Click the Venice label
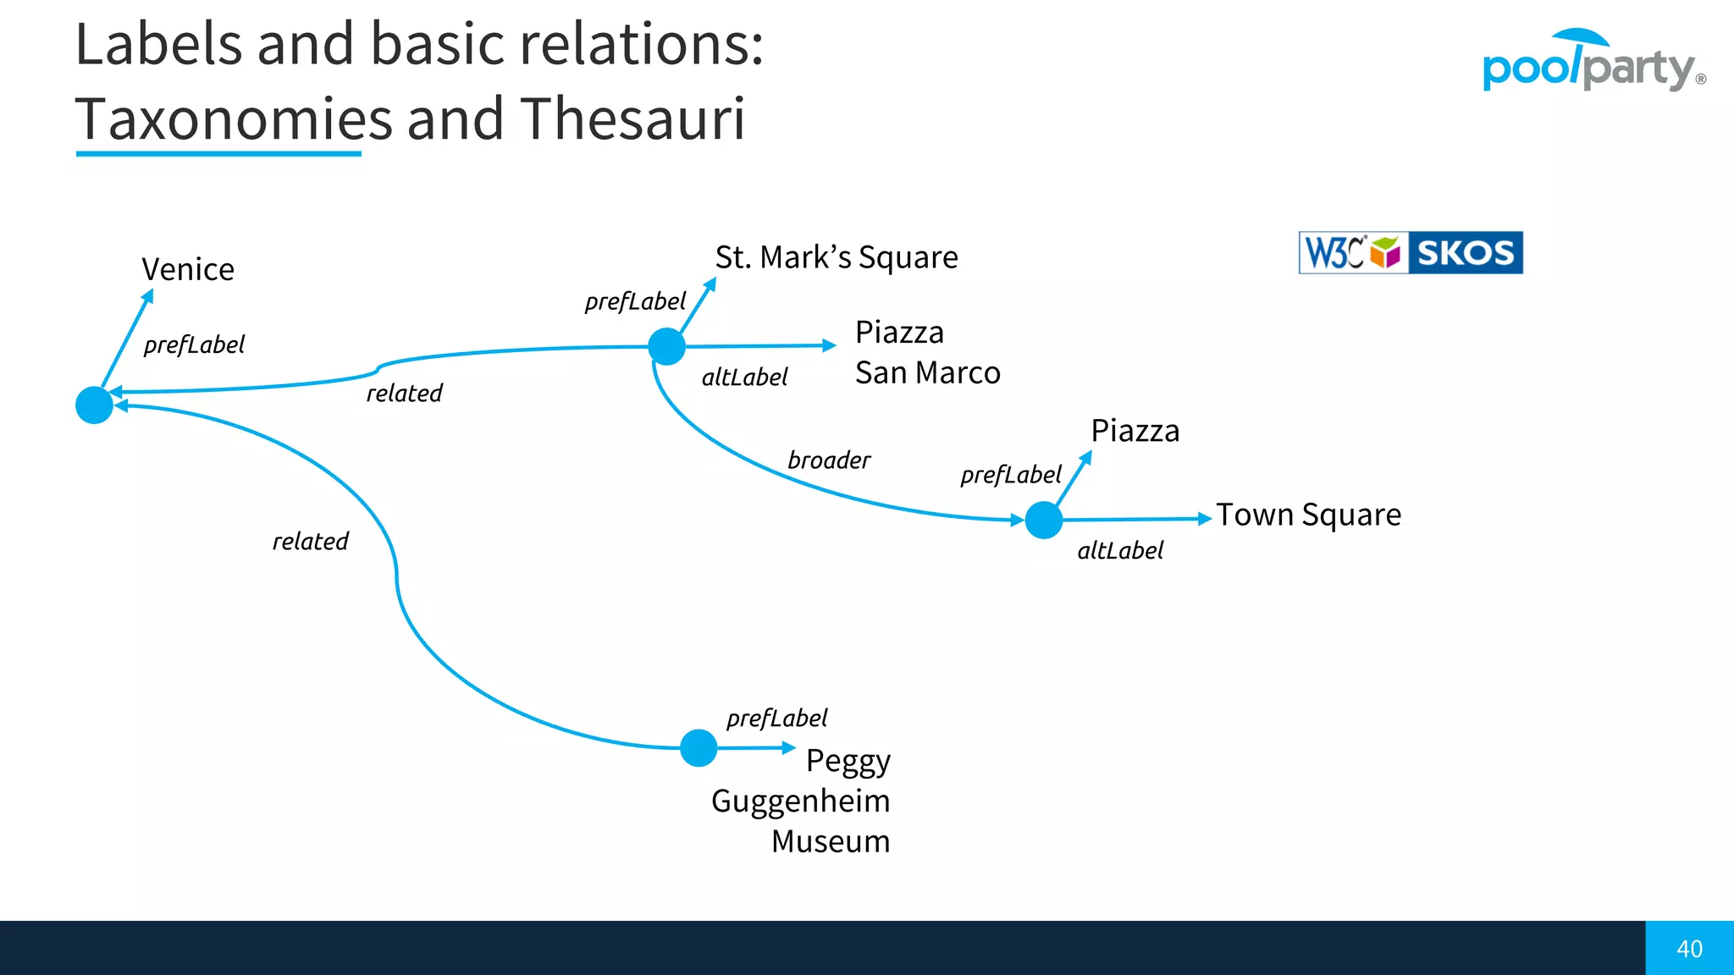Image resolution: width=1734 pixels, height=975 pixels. (188, 270)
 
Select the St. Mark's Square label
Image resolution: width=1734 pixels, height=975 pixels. (837, 257)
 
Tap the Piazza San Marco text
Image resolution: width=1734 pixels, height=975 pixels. (927, 352)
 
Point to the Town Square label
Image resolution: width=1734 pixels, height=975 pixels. (1309, 515)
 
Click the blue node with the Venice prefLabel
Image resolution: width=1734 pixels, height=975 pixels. (94, 405)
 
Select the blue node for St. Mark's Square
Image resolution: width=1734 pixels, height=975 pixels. (666, 346)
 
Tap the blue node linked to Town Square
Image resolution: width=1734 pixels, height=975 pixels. (1043, 520)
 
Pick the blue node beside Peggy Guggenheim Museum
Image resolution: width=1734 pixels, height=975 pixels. (699, 748)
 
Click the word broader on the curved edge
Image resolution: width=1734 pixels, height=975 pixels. (829, 460)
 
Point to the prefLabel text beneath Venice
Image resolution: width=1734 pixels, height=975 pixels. (194, 344)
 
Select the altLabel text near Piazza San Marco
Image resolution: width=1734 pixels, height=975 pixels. (744, 377)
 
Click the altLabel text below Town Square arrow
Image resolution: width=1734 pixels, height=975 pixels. (1120, 551)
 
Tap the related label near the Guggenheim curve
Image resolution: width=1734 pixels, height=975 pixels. (310, 542)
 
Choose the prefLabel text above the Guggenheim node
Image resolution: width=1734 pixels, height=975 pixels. (776, 719)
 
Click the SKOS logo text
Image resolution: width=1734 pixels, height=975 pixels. (1465, 253)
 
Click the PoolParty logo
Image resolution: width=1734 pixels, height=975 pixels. (1593, 64)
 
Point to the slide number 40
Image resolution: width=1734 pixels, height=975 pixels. (1689, 949)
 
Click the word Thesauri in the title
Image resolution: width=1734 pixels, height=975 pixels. (632, 118)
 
